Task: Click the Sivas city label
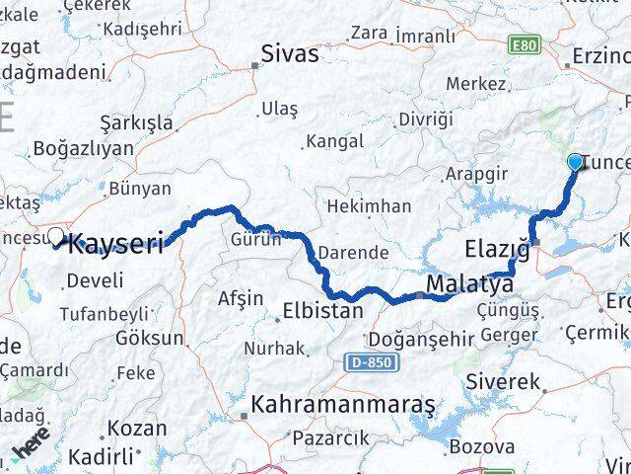pyautogui.click(x=290, y=53)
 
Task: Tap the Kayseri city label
pyautogui.click(x=115, y=244)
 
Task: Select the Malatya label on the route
pyautogui.click(x=469, y=284)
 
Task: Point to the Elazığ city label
pyautogui.click(x=497, y=247)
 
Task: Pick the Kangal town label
pyautogui.click(x=335, y=142)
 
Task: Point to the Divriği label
pyautogui.click(x=425, y=119)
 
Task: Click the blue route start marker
pyautogui.click(x=576, y=162)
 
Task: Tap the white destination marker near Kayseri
pyautogui.click(x=56, y=237)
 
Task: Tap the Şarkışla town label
pyautogui.click(x=136, y=123)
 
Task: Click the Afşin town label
pyautogui.click(x=241, y=298)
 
